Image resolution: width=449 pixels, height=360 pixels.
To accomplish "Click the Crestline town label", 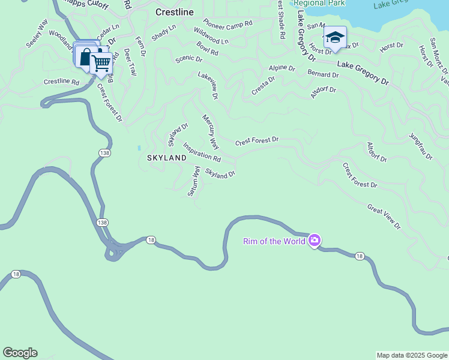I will click(x=175, y=11).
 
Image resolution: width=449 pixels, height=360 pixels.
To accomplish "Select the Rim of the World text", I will click(x=274, y=241).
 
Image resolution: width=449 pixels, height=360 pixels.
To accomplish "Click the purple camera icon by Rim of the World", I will click(x=315, y=241).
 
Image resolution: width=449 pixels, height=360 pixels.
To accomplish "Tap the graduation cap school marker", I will click(x=335, y=38).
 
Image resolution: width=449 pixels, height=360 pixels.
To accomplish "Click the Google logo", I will click(x=20, y=353).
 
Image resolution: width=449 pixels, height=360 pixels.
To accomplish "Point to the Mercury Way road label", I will click(x=211, y=132).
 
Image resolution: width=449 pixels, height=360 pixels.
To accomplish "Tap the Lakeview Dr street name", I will click(x=208, y=85).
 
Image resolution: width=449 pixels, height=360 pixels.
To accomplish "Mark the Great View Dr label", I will click(x=384, y=217).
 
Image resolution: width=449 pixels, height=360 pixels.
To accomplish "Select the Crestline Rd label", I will click(x=61, y=82).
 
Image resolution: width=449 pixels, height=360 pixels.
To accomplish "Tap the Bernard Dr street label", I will click(x=323, y=75).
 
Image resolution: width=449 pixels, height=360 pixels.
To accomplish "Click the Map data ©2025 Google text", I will click(x=411, y=355).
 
